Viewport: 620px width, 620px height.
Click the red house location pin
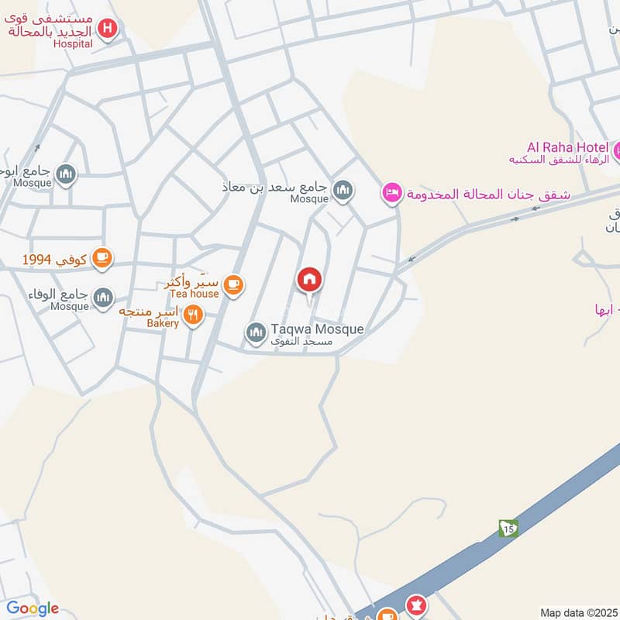(309, 281)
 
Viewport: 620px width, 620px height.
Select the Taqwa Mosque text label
(317, 329)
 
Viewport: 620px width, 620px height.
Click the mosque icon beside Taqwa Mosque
(256, 332)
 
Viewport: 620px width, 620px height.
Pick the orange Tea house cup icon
(232, 285)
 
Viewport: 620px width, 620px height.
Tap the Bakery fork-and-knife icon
(194, 314)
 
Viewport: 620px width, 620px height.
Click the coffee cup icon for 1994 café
(102, 258)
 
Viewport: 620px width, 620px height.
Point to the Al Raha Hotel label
(568, 147)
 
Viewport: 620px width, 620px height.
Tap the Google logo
(33, 608)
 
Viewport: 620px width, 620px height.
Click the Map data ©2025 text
(577, 612)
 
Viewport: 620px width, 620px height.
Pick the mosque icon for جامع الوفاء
(102, 296)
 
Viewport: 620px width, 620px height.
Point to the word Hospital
(73, 43)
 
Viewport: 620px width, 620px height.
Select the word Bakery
(162, 322)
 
